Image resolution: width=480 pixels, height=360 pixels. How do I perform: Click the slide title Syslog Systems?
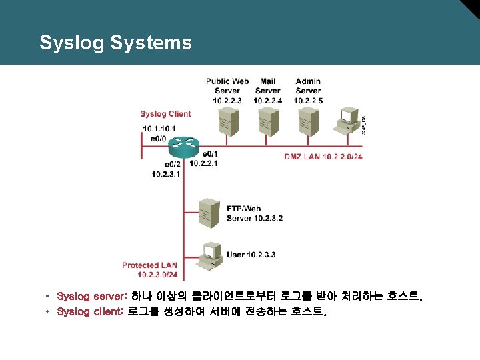point(115,43)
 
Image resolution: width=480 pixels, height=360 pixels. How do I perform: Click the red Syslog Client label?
point(165,114)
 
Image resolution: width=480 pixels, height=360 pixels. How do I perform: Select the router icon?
point(184,143)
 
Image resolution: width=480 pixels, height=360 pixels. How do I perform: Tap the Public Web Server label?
point(227,86)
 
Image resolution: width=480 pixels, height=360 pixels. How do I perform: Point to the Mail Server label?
point(267,86)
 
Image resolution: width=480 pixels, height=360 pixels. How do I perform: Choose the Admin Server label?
point(307,86)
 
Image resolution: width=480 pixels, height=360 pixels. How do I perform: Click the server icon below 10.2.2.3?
point(228,120)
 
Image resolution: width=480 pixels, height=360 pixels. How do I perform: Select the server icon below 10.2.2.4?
point(267,120)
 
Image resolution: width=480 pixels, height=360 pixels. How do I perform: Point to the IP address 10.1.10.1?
point(159,129)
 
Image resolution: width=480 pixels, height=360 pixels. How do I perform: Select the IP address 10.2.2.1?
point(204,163)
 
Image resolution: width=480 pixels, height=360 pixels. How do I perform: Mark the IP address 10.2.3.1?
point(167,174)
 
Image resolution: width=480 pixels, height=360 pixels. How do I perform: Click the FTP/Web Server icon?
point(209,211)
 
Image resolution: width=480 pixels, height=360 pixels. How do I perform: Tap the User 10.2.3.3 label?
point(251,255)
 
